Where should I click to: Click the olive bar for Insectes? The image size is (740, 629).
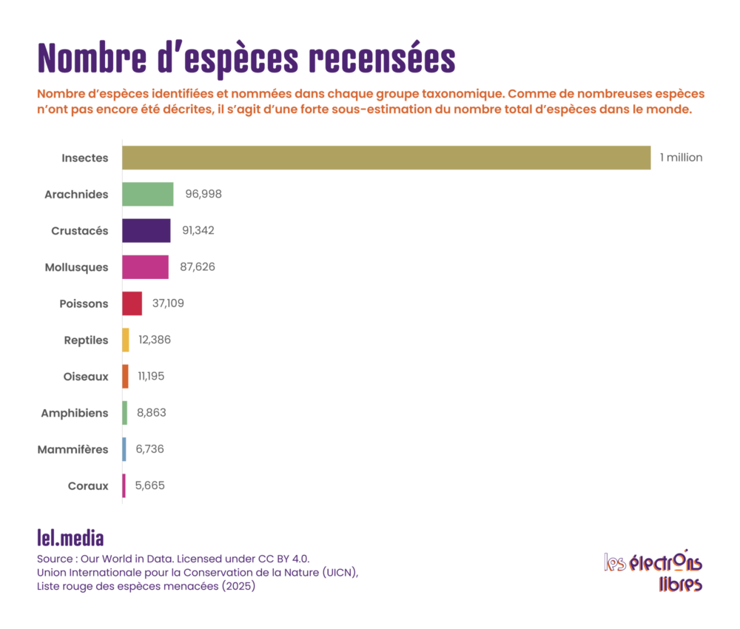(386, 158)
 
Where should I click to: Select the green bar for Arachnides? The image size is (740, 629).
(147, 194)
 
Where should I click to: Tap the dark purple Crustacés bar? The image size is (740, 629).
(146, 230)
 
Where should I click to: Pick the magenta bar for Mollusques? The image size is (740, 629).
(145, 266)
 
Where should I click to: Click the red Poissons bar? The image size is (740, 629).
(132, 303)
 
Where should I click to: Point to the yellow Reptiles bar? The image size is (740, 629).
(126, 340)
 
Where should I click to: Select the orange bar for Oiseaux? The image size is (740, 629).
(125, 376)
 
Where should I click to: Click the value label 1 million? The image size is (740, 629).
(681, 158)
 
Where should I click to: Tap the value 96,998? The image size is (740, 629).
(203, 194)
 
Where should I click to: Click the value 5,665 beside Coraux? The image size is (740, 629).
(149, 485)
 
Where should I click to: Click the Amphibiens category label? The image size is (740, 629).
(74, 413)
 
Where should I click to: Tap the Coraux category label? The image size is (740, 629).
(88, 485)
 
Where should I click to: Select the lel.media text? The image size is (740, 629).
(70, 536)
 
